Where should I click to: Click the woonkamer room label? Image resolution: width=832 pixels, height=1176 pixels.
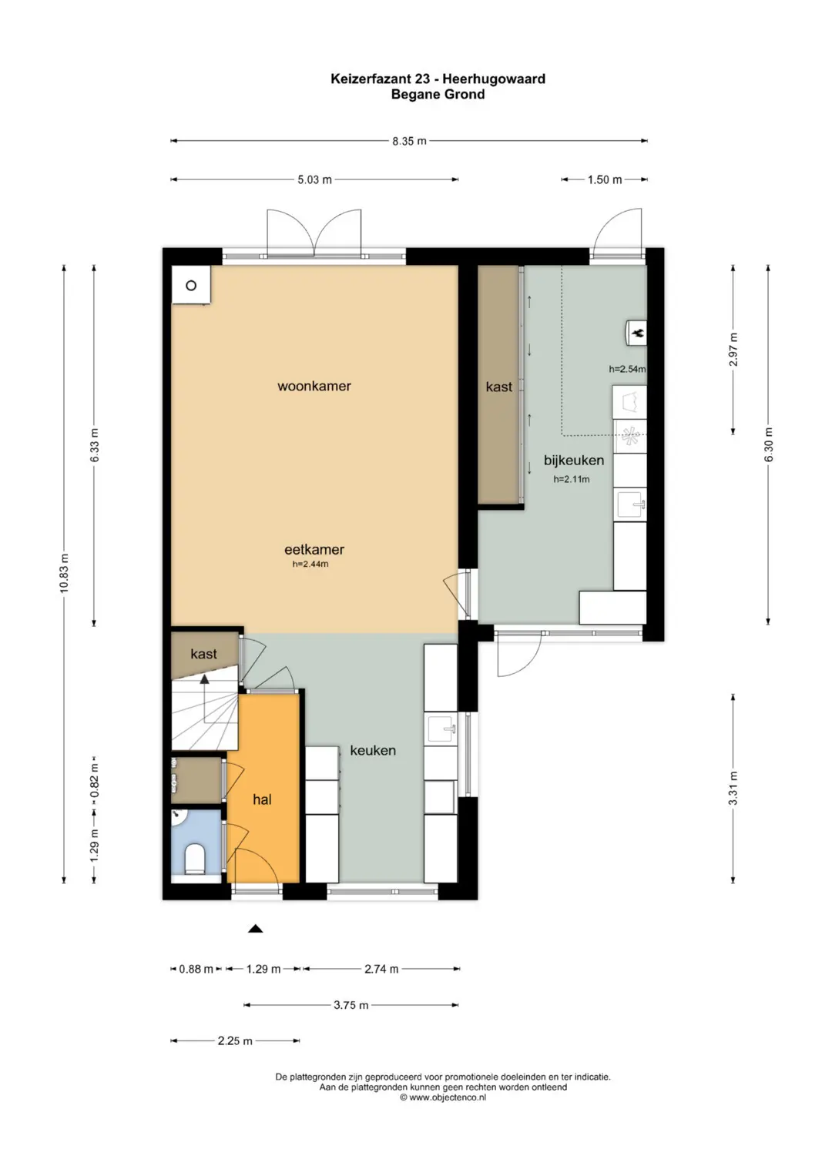click(x=314, y=387)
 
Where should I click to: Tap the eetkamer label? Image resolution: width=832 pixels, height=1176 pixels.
click(x=314, y=550)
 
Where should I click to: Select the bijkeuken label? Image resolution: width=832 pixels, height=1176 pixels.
click(x=574, y=461)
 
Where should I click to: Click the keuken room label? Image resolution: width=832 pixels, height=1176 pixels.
click(x=373, y=751)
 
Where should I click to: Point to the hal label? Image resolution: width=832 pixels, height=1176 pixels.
click(x=262, y=799)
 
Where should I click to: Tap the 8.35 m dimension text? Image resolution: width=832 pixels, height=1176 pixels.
click(x=409, y=141)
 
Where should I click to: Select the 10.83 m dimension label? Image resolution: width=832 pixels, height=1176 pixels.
click(x=64, y=574)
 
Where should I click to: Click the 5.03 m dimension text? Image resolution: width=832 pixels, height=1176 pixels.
click(x=314, y=180)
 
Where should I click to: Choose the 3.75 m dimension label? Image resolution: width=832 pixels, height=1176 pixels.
click(x=351, y=1005)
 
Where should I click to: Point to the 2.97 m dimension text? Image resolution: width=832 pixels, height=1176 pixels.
click(x=733, y=350)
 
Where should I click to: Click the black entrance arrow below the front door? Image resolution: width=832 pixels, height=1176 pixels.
click(x=255, y=929)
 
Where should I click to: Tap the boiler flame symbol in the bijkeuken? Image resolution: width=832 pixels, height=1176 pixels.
click(x=639, y=333)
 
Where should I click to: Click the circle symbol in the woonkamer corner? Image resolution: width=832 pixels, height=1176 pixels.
click(x=191, y=286)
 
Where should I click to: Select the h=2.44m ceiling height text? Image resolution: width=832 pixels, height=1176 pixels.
click(x=310, y=565)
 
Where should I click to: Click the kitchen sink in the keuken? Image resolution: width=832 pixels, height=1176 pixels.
click(x=441, y=729)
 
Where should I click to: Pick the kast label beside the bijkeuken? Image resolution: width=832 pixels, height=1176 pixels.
click(x=499, y=387)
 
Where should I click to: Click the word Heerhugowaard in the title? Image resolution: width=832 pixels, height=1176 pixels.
click(x=494, y=79)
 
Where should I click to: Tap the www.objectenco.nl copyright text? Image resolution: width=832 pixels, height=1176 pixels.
click(x=443, y=1097)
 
